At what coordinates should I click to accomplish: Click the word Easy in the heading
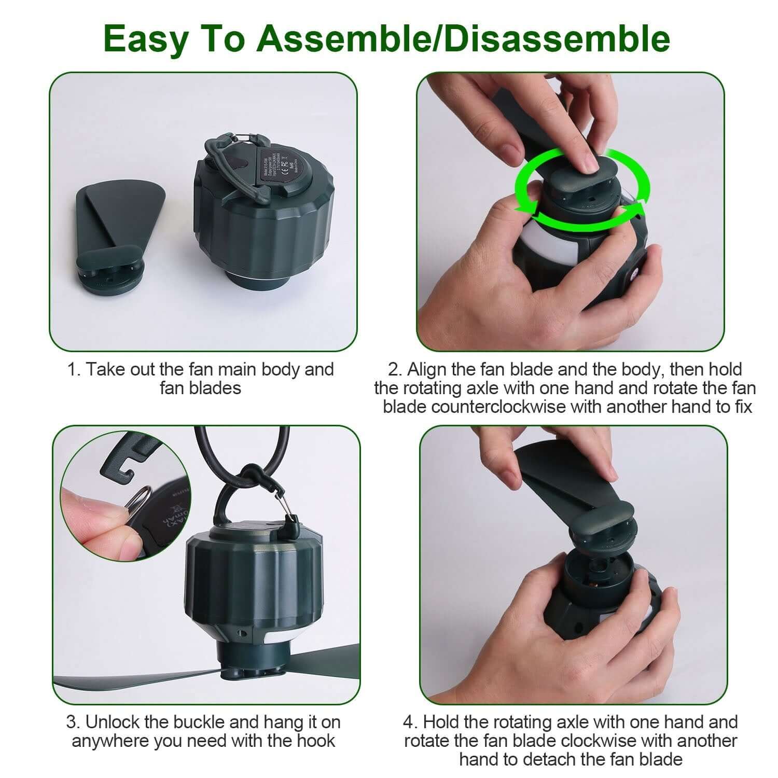[142, 38]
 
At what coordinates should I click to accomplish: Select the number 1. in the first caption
[75, 370]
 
